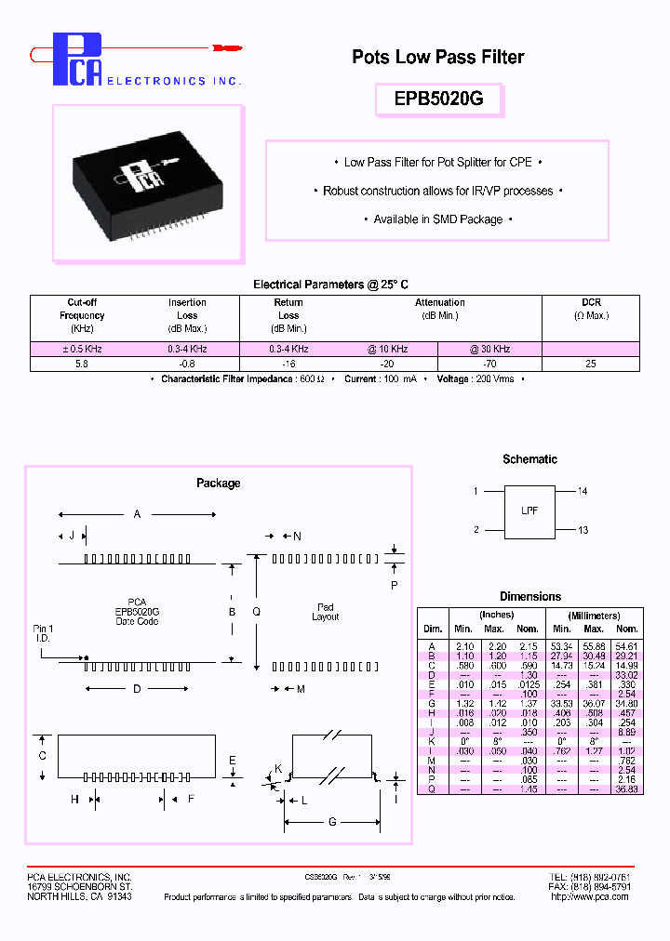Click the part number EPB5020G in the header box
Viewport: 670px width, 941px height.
click(x=437, y=99)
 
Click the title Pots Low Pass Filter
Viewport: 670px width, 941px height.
click(x=437, y=57)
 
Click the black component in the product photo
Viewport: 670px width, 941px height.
click(x=149, y=183)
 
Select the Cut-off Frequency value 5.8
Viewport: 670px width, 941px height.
click(x=82, y=364)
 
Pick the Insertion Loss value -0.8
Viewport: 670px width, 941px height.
click(x=187, y=364)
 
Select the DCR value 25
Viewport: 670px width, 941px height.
click(x=591, y=364)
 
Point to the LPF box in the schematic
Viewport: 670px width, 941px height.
click(x=529, y=510)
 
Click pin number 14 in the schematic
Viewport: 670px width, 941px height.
click(x=583, y=491)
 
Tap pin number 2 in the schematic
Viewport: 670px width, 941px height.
click(x=476, y=530)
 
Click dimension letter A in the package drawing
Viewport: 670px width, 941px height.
click(x=138, y=513)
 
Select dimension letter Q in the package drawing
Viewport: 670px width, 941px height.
click(x=257, y=611)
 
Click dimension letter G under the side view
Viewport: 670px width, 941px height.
click(x=331, y=822)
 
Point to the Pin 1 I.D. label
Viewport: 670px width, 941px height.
click(x=44, y=634)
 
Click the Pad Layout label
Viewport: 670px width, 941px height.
click(x=326, y=612)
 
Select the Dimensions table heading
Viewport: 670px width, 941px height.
click(x=530, y=597)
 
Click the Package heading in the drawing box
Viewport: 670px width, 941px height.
click(x=218, y=484)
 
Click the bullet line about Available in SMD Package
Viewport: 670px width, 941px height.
click(x=437, y=219)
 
